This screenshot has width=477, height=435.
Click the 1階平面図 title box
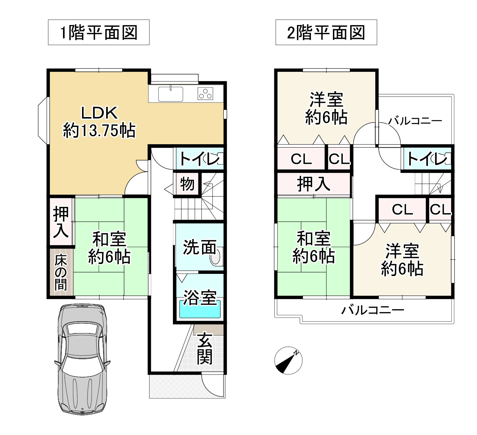[x=99, y=32]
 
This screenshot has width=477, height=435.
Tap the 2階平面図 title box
[x=326, y=32]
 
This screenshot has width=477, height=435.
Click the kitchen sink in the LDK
[x=170, y=94]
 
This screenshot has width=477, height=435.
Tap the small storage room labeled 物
[x=187, y=184]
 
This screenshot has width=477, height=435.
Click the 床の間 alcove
[x=61, y=273]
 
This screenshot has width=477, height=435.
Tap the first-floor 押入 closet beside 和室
[x=61, y=222]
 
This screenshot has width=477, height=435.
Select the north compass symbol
[x=288, y=361]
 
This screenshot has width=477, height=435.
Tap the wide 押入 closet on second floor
[x=313, y=184]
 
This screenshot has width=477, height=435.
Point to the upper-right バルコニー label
[x=415, y=121]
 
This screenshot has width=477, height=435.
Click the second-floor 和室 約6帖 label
[x=313, y=247]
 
